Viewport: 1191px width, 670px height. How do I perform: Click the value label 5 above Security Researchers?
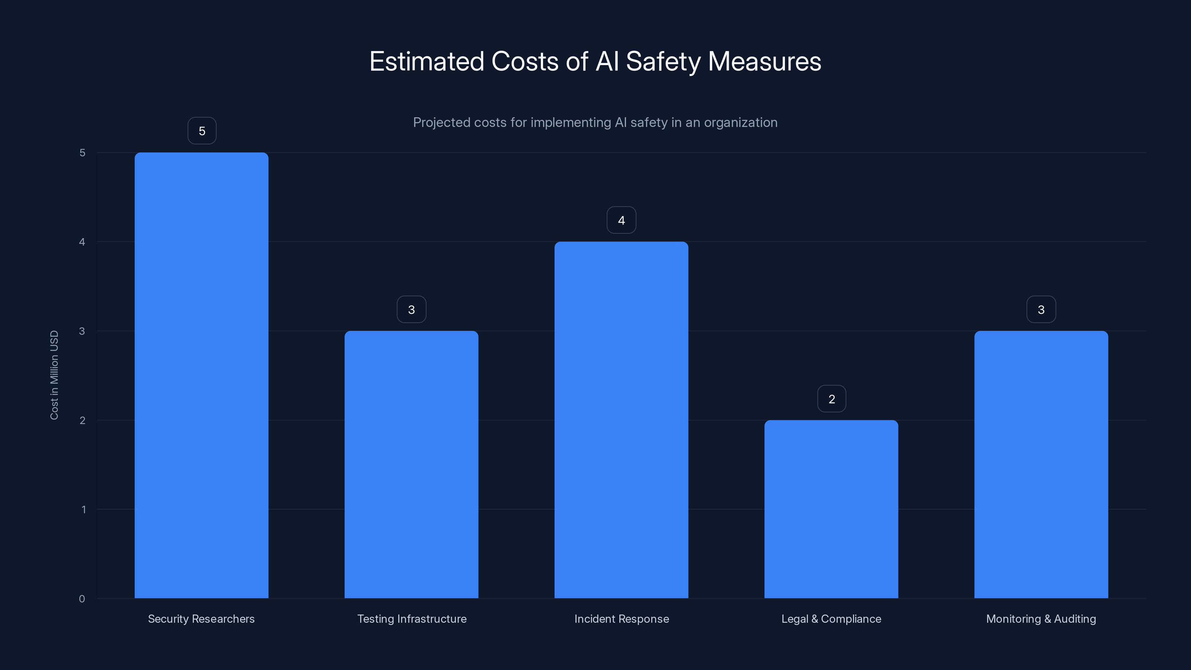tap(202, 131)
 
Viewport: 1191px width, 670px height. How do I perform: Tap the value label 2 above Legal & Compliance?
tap(831, 399)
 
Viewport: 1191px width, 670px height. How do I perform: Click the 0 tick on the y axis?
tap(82, 599)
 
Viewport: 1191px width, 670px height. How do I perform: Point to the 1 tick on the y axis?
tap(83, 510)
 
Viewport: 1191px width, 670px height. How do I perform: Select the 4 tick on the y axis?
tap(82, 242)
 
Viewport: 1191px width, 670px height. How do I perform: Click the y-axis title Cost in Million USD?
tap(54, 375)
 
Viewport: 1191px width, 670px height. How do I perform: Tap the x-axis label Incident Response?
tap(622, 619)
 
